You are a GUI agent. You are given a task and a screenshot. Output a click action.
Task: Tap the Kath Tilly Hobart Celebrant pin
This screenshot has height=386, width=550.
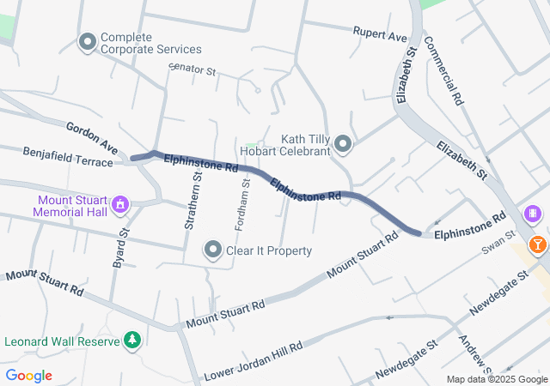pyautogui.click(x=343, y=144)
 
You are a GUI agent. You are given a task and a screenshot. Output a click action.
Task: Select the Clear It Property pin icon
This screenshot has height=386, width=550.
pyautogui.click(x=213, y=250)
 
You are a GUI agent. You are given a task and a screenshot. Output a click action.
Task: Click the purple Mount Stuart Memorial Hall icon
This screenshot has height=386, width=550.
pyautogui.click(x=120, y=204)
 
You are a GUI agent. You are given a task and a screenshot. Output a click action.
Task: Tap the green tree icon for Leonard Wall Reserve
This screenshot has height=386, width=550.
pyautogui.click(x=132, y=341)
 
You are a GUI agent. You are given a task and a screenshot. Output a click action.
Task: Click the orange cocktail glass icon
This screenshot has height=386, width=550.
pyautogui.click(x=538, y=244)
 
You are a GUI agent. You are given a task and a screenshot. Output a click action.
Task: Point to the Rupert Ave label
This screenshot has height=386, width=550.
pyautogui.click(x=380, y=34)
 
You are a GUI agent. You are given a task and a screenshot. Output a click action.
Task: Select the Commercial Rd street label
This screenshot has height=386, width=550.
pyautogui.click(x=443, y=72)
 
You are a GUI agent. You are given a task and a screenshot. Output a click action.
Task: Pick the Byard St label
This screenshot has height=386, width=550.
pyautogui.click(x=120, y=249)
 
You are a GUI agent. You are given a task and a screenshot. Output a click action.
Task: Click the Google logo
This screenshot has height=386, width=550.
pyautogui.click(x=28, y=376)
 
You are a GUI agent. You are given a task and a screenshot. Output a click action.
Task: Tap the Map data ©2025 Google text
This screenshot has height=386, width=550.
pyautogui.click(x=498, y=380)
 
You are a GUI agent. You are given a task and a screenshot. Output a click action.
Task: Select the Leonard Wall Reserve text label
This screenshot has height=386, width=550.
pyautogui.click(x=60, y=341)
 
